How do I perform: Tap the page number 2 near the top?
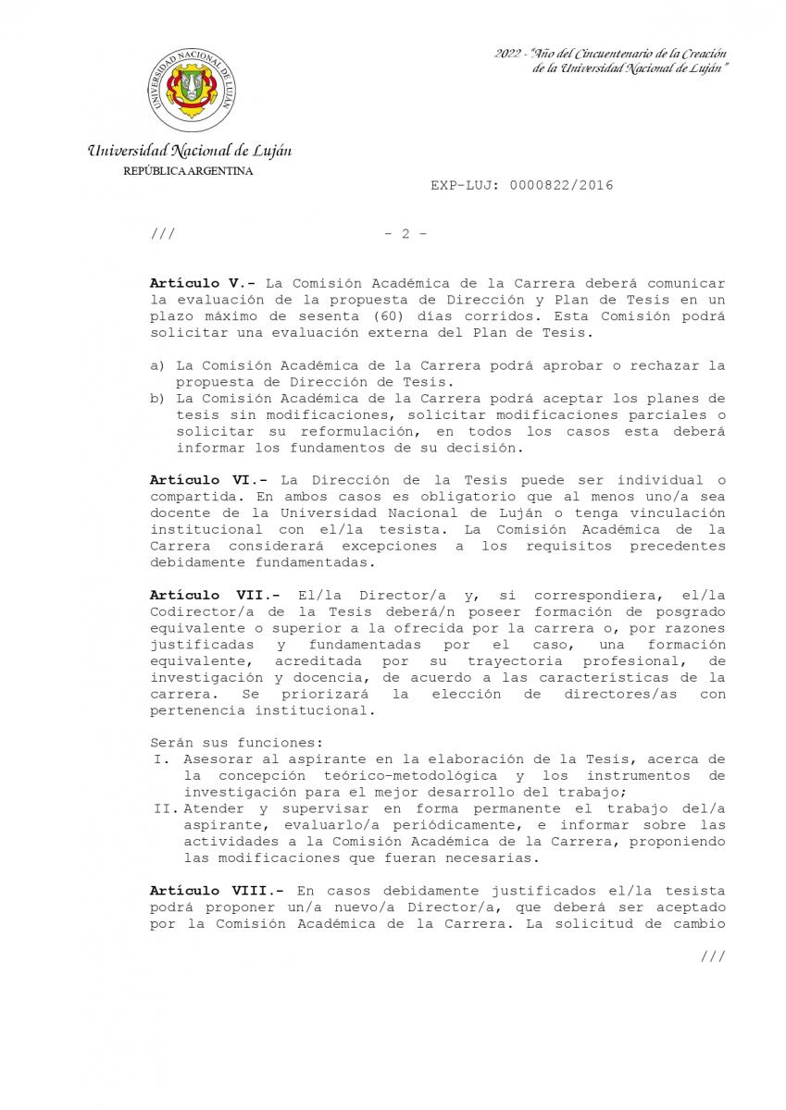[x=405, y=235]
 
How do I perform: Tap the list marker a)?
[x=158, y=365]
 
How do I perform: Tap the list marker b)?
[x=158, y=399]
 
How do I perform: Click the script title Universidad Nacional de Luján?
[x=190, y=150]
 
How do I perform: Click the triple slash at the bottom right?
[x=713, y=956]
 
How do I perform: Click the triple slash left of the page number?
[x=162, y=235]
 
